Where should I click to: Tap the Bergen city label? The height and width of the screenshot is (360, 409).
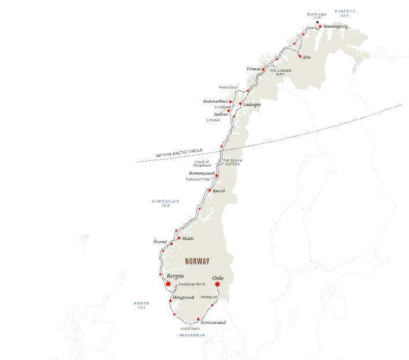175,276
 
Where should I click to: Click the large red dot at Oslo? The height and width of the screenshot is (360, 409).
217,285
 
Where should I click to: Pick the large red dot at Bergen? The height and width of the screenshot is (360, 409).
168,284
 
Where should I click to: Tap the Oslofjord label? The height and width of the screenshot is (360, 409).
209,297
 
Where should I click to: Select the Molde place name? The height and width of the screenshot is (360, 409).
188,238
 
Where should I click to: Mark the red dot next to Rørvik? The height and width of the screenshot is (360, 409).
209,190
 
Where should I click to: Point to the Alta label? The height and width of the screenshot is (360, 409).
306,57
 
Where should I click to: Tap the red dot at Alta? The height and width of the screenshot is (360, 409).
300,56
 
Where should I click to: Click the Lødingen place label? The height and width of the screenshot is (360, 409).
253,105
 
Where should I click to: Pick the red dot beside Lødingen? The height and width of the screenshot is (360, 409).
240,104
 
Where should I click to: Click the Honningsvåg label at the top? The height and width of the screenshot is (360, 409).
336,26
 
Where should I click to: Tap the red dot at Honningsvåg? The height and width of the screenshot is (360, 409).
320,26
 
